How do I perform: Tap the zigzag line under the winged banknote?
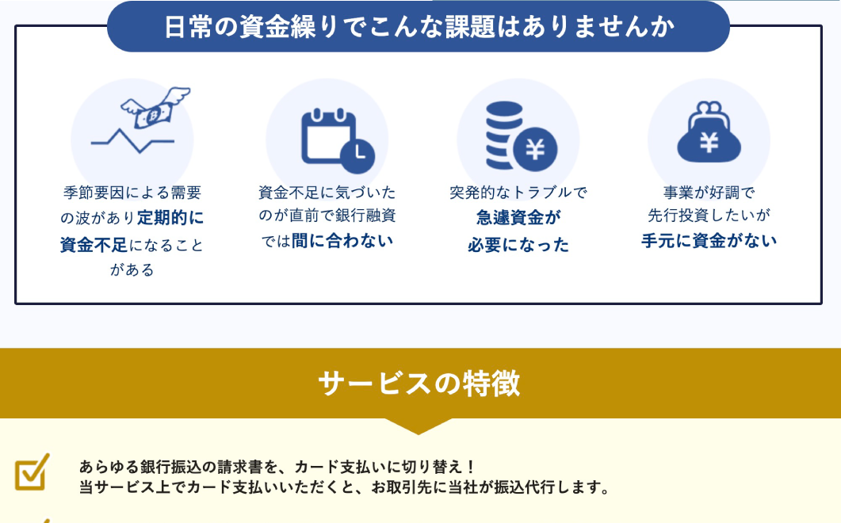(132, 140)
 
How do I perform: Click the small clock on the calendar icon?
(358, 156)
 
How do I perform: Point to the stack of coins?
(503, 136)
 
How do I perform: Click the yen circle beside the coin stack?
(535, 149)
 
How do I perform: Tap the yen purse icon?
(709, 132)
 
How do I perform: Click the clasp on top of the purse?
(709, 109)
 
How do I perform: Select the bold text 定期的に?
(170, 218)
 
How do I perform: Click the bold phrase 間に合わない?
(342, 241)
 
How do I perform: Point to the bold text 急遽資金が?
(518, 218)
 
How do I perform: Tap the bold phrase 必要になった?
(518, 245)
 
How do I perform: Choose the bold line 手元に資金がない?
(709, 241)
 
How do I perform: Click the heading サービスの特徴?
(419, 383)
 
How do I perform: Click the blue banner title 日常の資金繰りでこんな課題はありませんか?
(419, 27)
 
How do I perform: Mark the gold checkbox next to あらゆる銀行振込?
(32, 472)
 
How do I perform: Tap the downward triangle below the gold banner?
(419, 426)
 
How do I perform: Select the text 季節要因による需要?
(132, 193)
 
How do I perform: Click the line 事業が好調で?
(709, 193)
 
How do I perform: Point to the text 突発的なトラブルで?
(518, 193)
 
